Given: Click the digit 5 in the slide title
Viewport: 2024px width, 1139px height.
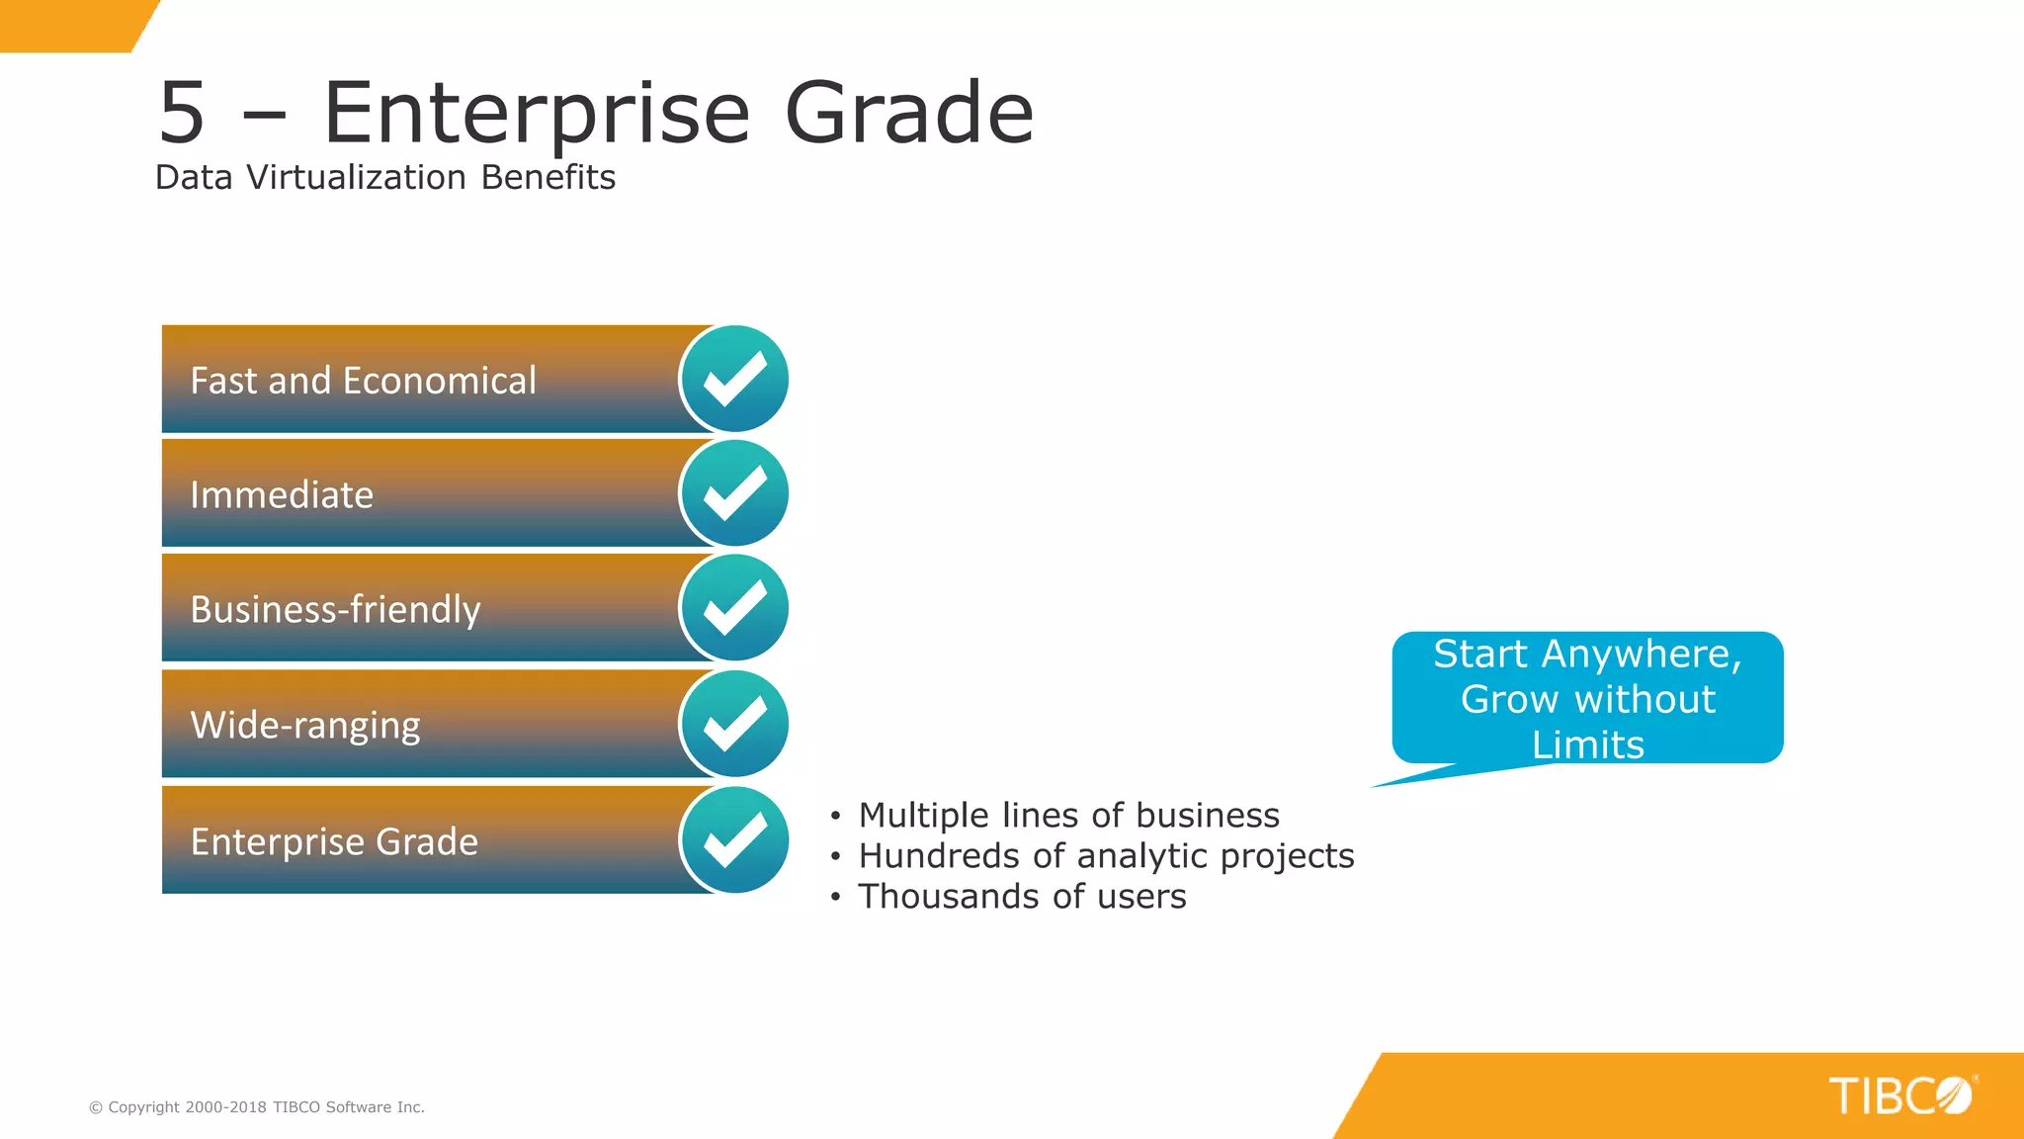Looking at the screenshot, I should point(182,113).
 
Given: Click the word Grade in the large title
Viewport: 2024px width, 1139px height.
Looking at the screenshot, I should point(908,113).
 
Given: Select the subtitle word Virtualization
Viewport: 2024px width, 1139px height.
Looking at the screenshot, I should point(356,178).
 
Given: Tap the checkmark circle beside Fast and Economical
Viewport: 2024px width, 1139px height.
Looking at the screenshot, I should point(734,380).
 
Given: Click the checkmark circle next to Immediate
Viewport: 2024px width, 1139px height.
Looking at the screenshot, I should point(734,493).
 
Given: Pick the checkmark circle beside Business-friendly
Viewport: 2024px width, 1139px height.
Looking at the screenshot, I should point(734,608).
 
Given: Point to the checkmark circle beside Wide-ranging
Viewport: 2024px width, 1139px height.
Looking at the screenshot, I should point(734,724).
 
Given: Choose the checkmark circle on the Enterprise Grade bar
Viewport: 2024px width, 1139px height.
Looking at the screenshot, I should point(734,840).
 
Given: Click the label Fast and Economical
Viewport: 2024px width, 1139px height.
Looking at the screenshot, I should point(363,381).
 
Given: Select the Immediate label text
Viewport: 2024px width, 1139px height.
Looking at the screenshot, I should point(282,495).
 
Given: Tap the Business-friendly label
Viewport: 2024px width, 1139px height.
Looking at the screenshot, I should point(335,610).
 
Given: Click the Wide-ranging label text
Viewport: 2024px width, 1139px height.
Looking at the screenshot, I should point(304,726).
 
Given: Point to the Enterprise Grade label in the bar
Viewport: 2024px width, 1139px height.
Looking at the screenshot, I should point(334,842).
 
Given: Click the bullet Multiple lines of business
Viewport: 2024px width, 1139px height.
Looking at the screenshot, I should point(1068,816).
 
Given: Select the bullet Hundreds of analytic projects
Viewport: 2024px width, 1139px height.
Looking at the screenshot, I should point(1106,856).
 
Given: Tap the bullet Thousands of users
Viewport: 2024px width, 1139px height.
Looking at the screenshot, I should point(1022,897).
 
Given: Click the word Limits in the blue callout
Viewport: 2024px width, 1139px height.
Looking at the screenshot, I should point(1587,745).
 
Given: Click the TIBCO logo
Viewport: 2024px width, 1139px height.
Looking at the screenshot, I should point(1899,1095).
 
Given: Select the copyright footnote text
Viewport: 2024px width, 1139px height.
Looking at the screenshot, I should point(257,1107).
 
